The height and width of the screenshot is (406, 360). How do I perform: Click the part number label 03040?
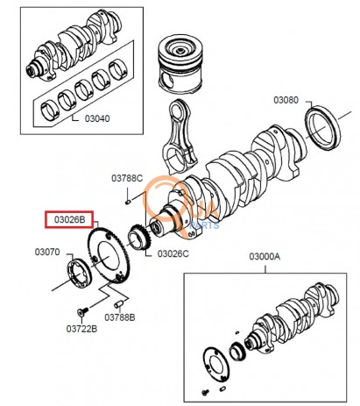coord(97,118)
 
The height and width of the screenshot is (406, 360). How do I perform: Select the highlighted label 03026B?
coord(69,219)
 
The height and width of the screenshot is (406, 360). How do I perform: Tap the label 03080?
coord(286,100)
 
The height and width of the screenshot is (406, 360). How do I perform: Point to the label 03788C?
coord(127,178)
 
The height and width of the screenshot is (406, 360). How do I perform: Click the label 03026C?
coord(173,253)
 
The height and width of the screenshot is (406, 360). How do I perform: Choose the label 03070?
coord(47,252)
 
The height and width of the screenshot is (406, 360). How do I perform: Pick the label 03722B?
coord(81,329)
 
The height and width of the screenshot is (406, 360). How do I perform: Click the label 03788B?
coord(120,317)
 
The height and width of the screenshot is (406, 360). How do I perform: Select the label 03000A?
coord(265,256)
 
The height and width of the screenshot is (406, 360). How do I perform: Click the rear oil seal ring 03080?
coord(323,129)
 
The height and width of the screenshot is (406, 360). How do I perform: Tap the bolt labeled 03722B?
coord(82,311)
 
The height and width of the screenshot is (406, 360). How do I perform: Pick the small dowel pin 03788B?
coord(119,304)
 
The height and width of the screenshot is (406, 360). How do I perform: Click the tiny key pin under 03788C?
coord(128,202)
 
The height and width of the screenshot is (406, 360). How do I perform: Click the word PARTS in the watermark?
coord(204,225)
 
